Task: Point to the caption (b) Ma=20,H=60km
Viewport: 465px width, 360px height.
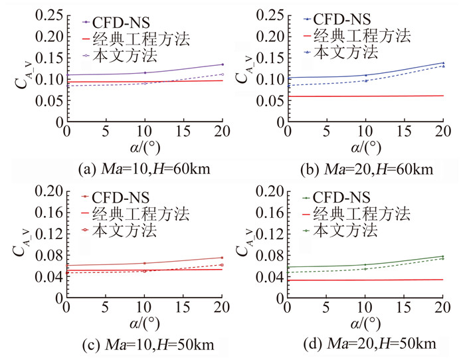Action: coord(366,169)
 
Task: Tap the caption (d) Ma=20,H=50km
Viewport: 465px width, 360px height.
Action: coord(366,343)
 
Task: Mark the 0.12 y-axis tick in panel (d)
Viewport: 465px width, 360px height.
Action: coord(270,236)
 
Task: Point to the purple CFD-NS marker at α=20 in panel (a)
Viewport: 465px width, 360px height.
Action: coord(223,64)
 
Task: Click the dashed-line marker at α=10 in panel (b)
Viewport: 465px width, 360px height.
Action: coord(365,80)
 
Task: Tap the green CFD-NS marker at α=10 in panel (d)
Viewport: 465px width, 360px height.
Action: coord(365,264)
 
